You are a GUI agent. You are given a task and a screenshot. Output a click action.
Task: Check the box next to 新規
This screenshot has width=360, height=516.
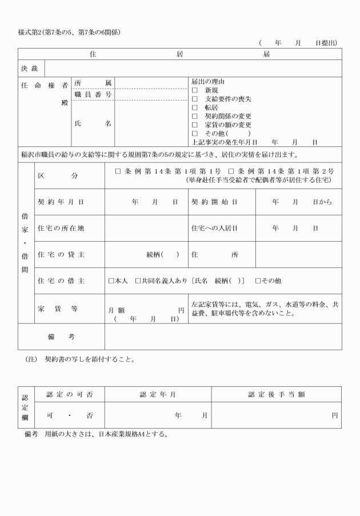pyautogui.click(x=195, y=90)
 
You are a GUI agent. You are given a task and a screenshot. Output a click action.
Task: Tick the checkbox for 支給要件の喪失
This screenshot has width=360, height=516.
pyautogui.click(x=195, y=99)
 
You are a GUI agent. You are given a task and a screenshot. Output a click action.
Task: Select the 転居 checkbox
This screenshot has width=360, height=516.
pyautogui.click(x=195, y=107)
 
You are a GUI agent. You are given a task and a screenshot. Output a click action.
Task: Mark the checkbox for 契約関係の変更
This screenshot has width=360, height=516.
pyautogui.click(x=195, y=116)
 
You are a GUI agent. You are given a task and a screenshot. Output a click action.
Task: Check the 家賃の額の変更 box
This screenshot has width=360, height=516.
pyautogui.click(x=195, y=125)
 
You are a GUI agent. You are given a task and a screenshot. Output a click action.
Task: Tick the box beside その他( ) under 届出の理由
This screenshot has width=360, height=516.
pyautogui.click(x=195, y=133)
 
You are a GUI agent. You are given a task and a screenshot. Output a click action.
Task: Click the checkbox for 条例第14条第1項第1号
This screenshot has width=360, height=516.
pyautogui.click(x=118, y=171)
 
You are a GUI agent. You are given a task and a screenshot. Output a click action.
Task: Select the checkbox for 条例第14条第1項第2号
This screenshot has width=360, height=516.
pyautogui.click(x=231, y=171)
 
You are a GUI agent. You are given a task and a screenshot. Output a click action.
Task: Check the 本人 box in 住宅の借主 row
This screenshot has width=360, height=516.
pyautogui.click(x=111, y=281)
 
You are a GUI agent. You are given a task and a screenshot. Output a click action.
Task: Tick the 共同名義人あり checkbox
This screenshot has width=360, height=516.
pyautogui.click(x=138, y=281)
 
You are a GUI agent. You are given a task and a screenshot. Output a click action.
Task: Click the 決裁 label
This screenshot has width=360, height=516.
pyautogui.click(x=29, y=69)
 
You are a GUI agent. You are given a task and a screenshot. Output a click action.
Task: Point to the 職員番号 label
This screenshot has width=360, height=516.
pyautogui.click(x=93, y=94)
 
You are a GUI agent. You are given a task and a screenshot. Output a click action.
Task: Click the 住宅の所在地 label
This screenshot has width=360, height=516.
pyautogui.click(x=61, y=229)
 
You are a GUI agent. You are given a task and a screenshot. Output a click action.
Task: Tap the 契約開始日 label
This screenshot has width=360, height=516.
pyautogui.click(x=214, y=202)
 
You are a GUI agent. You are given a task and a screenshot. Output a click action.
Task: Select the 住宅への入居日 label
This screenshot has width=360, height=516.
pyautogui.click(x=214, y=229)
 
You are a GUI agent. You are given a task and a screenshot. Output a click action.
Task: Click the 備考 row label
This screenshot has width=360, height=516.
pyautogui.click(x=61, y=337)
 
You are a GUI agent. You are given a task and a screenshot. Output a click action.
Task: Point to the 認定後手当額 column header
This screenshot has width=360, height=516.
pyautogui.click(x=276, y=394)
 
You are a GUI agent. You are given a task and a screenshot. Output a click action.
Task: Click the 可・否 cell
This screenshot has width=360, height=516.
pyautogui.click(x=69, y=416)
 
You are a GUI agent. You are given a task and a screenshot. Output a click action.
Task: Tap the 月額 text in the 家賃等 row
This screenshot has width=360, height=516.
pyautogui.click(x=117, y=310)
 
